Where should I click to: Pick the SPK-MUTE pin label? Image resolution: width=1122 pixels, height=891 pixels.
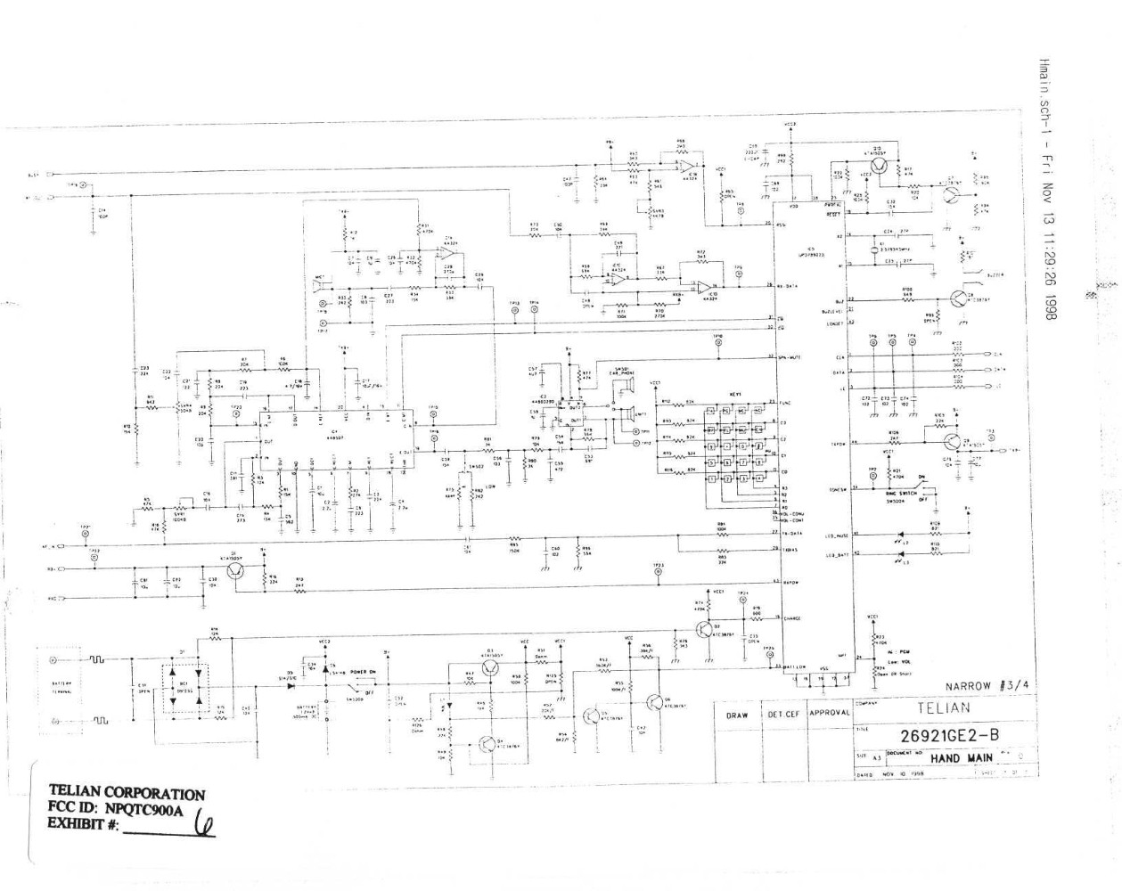pos(792,357)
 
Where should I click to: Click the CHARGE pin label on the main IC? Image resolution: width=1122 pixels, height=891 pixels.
pos(790,617)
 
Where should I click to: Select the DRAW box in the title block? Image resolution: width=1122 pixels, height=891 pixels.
pos(737,715)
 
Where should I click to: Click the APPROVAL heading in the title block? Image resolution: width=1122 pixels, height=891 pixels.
pos(829,714)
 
